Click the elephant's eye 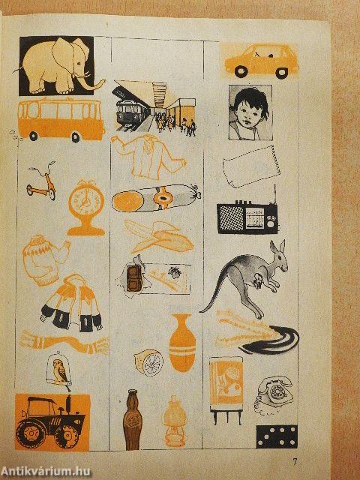pos(79,63)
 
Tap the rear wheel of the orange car pos(241,71)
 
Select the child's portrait pos(250,112)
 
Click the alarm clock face pos(85,202)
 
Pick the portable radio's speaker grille pos(232,217)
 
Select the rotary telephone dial pos(277,391)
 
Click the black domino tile pos(277,436)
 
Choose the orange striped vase pos(182,343)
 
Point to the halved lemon pos(149,362)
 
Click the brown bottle pos(132,419)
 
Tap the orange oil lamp pos(174,421)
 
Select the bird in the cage pos(60,371)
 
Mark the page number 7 pos(295,462)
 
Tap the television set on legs pos(226,390)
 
